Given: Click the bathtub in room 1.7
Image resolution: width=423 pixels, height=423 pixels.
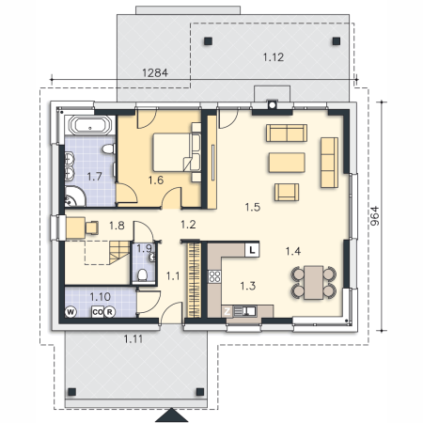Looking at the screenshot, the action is pos(90,125).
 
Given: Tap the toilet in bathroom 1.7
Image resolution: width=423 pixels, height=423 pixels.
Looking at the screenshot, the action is pos(108,149).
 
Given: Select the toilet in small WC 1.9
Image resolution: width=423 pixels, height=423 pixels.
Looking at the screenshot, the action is pos(143,274).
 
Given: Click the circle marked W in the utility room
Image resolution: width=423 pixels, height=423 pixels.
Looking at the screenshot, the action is pos(70,312).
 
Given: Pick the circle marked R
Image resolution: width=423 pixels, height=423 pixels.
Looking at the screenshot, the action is pos(109,312).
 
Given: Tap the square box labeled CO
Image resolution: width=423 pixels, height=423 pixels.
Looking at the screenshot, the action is pos(98,312).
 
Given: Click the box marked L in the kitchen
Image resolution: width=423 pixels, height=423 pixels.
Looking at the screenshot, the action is pos(252,250).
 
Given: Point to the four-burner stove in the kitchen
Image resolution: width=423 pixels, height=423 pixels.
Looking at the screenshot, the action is pos(214,276).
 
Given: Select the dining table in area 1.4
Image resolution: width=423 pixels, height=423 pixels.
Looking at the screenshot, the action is pos(314,282).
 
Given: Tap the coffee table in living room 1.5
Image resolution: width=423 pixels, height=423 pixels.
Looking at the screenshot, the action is pos(287,163).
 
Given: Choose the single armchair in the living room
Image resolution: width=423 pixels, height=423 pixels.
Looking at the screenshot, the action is pos(287,192).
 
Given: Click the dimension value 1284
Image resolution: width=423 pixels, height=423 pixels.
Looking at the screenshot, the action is pos(155,72).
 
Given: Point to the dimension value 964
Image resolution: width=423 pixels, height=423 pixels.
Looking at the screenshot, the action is pos(375,216).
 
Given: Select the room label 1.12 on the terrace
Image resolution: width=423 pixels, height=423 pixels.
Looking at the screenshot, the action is pos(274,57).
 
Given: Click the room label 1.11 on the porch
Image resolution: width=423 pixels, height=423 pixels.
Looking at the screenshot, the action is pos(133,338).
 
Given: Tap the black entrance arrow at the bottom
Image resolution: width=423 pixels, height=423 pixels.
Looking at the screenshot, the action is pos(171,415).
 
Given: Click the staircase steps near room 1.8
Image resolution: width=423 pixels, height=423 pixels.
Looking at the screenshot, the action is pos(119,253).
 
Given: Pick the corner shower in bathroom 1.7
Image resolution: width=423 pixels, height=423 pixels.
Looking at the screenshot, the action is pos(74,196).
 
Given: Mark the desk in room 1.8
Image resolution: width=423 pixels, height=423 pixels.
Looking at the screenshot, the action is pos(75,227).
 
